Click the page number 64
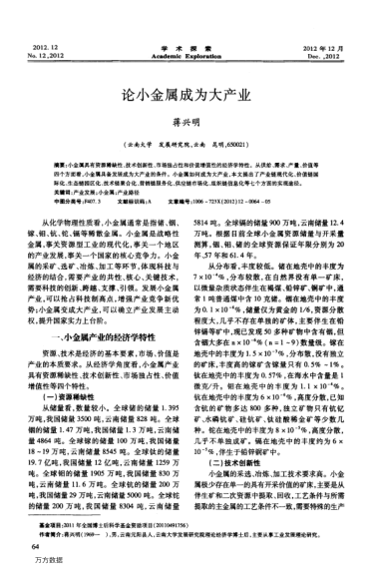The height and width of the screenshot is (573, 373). pyautogui.click(x=36, y=547)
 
